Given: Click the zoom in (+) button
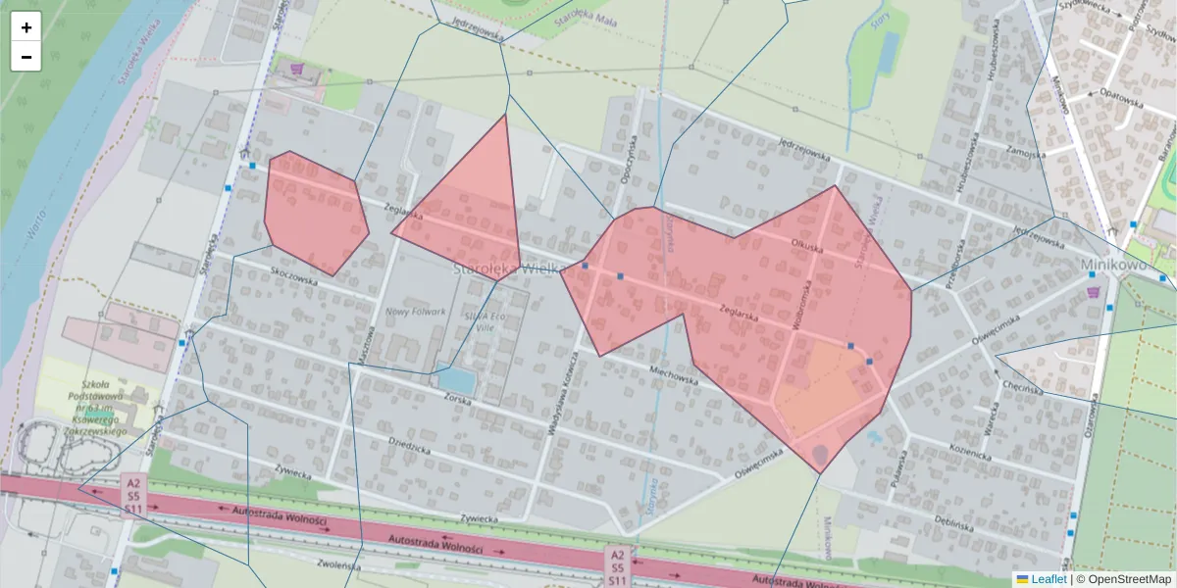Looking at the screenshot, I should click(x=26, y=27).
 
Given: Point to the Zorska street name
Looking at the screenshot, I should click(x=459, y=401).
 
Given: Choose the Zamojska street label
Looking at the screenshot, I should click(x=1027, y=152).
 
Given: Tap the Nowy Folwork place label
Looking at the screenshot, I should click(x=415, y=313).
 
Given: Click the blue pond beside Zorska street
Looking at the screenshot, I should click(x=455, y=380).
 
